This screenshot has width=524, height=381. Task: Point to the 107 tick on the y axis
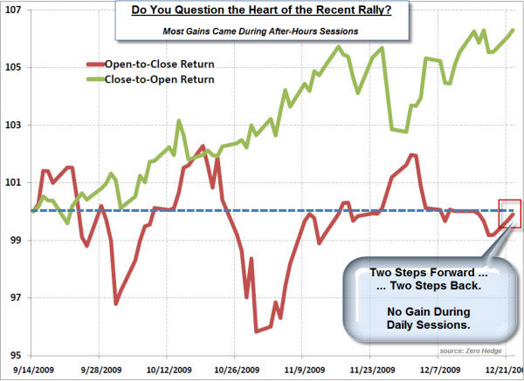(15, 10)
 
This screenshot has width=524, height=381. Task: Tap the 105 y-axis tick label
(15, 67)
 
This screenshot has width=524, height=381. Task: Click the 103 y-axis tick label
(15, 125)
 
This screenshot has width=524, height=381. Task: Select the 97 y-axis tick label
(15, 297)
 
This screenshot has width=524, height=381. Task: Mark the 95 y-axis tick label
(15, 355)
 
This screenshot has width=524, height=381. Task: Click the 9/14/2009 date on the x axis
(31, 369)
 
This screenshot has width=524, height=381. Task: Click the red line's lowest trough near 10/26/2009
(256, 331)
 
